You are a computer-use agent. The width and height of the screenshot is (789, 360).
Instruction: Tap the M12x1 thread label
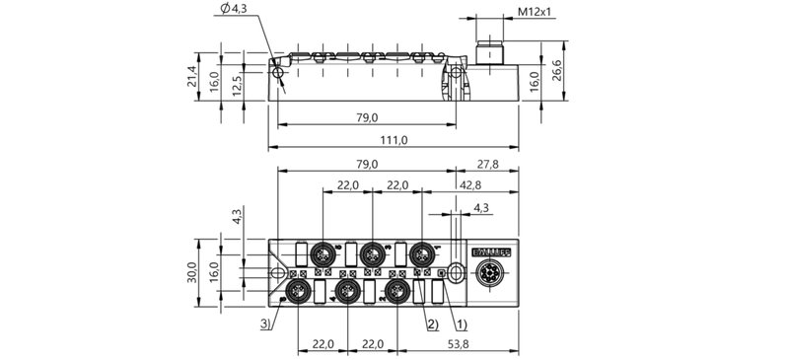click(536, 13)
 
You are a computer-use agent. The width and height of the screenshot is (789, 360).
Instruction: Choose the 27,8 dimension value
click(487, 163)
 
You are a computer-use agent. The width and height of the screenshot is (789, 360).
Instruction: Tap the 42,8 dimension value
click(470, 184)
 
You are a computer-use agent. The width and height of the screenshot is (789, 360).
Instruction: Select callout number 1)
click(460, 322)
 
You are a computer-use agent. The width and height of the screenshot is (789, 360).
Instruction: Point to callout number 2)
click(430, 322)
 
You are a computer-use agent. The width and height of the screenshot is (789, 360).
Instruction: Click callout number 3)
click(266, 322)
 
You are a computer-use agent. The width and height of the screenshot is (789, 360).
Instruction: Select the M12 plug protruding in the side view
click(489, 55)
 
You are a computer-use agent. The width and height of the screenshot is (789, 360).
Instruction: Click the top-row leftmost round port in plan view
click(322, 254)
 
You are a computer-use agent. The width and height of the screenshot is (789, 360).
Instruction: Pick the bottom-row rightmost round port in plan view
click(397, 290)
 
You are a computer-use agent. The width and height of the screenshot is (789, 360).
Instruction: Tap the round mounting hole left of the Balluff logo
click(455, 272)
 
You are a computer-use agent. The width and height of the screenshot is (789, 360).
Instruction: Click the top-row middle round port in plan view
click(371, 254)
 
